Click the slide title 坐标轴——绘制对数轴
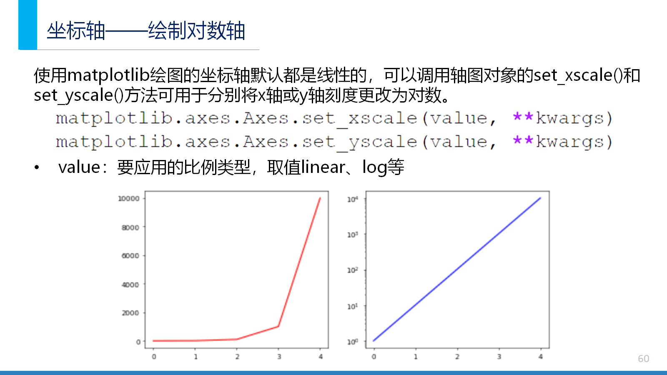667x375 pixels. pyautogui.click(x=146, y=31)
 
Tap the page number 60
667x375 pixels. pyautogui.click(x=644, y=359)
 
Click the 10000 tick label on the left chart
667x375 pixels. pyautogui.click(x=129, y=198)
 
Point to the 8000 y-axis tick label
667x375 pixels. pyautogui.click(x=130, y=227)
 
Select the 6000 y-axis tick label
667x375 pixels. pyautogui.click(x=130, y=256)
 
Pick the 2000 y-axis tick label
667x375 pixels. pyautogui.click(x=130, y=313)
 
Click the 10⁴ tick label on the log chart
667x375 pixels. pyautogui.click(x=353, y=199)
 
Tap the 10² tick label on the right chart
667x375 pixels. pyautogui.click(x=353, y=270)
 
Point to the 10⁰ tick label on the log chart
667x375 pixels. pyautogui.click(x=353, y=342)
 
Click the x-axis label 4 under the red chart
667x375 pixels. pyautogui.click(x=321, y=357)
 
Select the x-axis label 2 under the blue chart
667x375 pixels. pyautogui.click(x=457, y=357)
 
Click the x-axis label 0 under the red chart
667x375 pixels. pyautogui.click(x=154, y=357)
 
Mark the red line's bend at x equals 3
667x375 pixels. pyautogui.click(x=278, y=327)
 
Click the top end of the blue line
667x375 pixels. pyautogui.click(x=540, y=198)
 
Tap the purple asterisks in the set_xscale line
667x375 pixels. pyautogui.click(x=523, y=116)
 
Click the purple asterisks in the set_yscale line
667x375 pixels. pyautogui.click(x=523, y=140)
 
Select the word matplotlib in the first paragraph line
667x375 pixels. pyautogui.click(x=108, y=75)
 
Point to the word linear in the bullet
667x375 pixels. pyautogui.click(x=323, y=167)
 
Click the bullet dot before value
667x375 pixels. pyautogui.click(x=37, y=167)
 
